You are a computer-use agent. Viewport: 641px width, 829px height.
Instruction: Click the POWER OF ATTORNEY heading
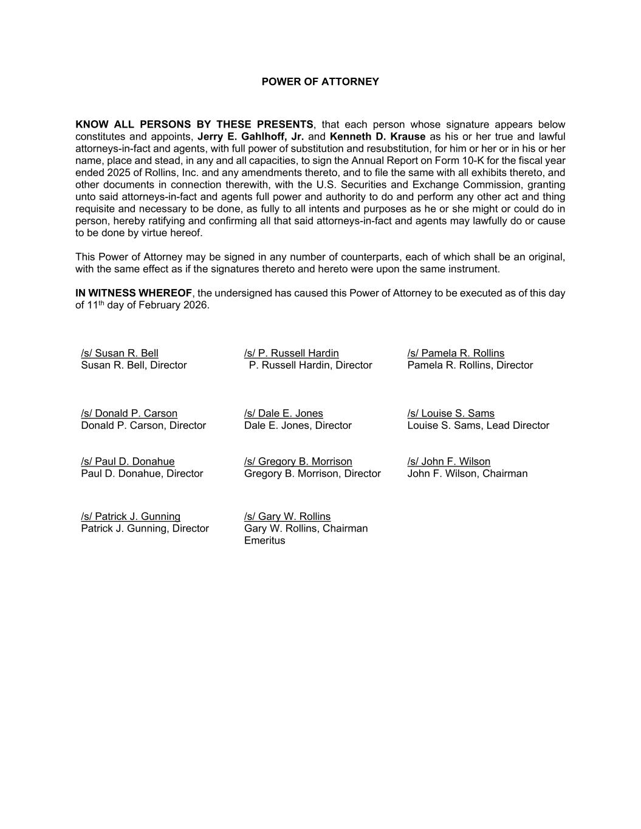coord(320,81)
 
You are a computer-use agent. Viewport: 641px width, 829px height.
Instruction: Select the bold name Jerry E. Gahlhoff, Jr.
coord(250,137)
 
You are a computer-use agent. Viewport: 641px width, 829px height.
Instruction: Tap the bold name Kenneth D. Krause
coord(377,137)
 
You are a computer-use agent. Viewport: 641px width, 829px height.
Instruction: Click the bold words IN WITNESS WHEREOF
coord(134,293)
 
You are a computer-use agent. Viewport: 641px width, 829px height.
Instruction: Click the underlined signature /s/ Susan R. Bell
coord(120,353)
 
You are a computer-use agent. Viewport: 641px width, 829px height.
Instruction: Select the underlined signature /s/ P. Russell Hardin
coord(292,353)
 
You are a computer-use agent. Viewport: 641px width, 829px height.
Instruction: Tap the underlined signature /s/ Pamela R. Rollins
coord(456,353)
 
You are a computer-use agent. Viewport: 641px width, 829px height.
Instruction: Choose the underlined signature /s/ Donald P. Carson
coord(129,414)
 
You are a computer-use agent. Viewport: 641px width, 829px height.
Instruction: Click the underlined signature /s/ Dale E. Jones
coord(284,414)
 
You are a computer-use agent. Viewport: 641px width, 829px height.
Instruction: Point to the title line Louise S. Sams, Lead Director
coord(478,426)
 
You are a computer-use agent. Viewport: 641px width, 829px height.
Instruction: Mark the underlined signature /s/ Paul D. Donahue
coord(128,462)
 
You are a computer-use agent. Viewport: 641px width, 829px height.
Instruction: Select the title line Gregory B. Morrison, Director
coord(312,474)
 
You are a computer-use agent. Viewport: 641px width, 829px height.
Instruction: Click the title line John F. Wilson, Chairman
coord(467,474)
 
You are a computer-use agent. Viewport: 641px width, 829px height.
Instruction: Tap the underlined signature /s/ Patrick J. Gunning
coord(131,517)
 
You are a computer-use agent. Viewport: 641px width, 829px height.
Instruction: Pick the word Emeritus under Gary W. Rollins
coord(264,541)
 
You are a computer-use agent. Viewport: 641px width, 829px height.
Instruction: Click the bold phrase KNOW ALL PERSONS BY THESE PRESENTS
coord(194,125)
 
